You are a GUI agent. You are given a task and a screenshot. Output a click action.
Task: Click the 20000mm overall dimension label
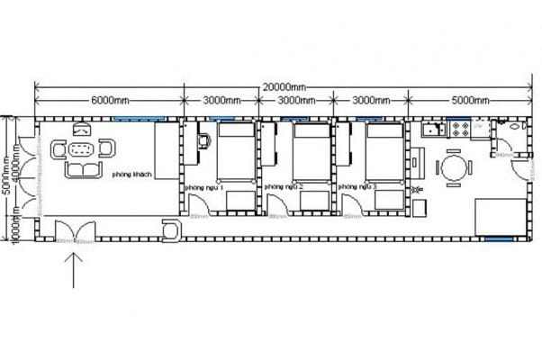tap(284, 86)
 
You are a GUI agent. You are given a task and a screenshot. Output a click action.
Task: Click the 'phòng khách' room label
tap(130, 176)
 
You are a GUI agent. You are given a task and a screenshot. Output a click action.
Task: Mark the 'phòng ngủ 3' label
tap(357, 186)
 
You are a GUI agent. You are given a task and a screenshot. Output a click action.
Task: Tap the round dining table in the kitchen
tap(454, 166)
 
